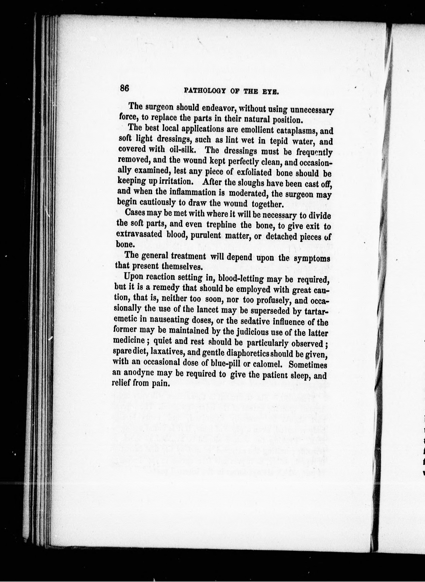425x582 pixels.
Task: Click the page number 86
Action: (x=124, y=88)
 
